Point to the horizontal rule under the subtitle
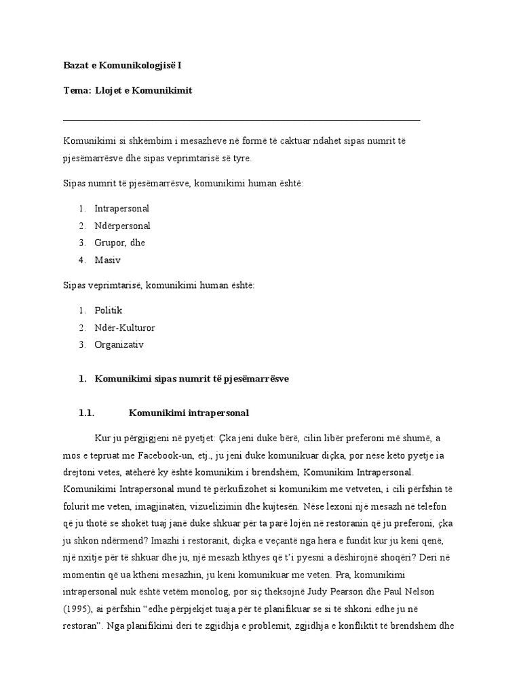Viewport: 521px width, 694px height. point(241,120)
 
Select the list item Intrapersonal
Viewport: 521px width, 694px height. point(122,209)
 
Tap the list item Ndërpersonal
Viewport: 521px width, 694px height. point(123,226)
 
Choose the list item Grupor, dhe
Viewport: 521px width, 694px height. point(120,243)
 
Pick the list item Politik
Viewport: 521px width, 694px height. point(109,310)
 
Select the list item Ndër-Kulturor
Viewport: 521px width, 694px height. point(125,327)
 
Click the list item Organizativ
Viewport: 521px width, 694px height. point(120,344)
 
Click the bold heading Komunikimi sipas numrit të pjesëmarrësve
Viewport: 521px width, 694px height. point(192,379)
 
